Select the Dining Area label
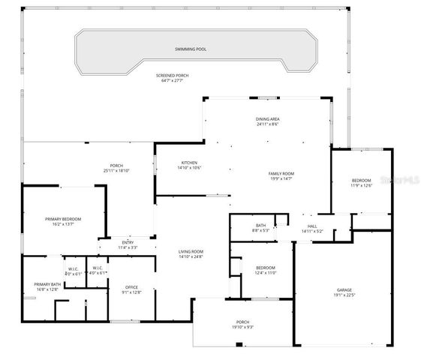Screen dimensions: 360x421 pos(268,118)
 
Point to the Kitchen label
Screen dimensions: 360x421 pos(190,163)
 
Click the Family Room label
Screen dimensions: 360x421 pos(281,174)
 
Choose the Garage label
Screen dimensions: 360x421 pos(344,289)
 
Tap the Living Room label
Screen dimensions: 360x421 pos(191,251)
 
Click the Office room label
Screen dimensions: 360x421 pos(131,287)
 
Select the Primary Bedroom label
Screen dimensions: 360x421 pos(63,218)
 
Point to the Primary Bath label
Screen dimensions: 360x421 pos(47,284)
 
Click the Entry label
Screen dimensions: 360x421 pos(128,241)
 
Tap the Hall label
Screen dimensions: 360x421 pos(311,226)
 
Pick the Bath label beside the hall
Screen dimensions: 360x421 pos(260,225)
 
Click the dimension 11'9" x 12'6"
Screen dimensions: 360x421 pos(362,186)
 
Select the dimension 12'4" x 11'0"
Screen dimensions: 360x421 pos(266,273)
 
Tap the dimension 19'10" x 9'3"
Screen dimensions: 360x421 pos(243,327)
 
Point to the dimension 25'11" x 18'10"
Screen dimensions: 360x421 pos(116,170)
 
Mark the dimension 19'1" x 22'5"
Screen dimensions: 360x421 pos(344,295)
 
